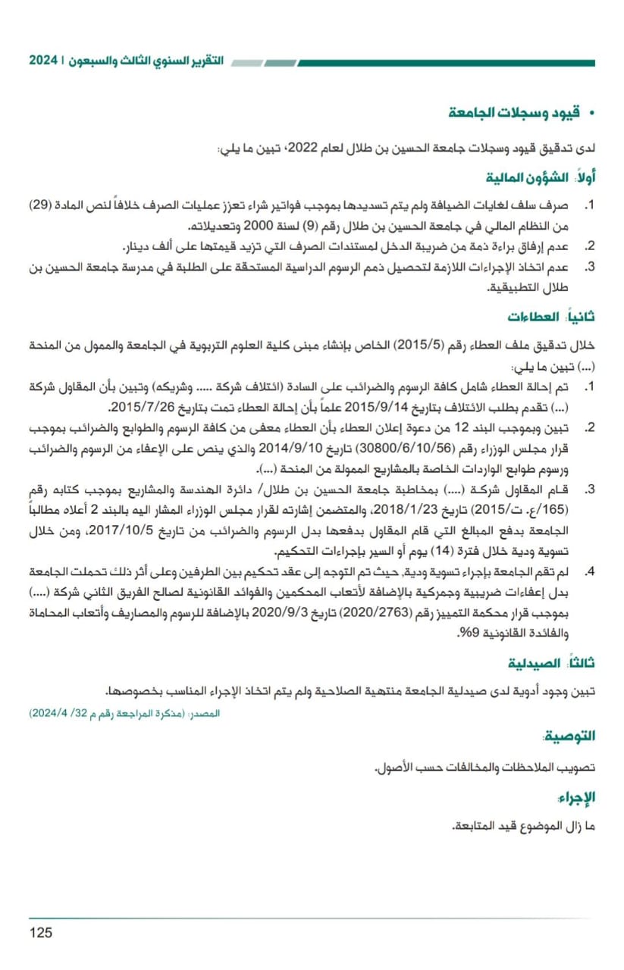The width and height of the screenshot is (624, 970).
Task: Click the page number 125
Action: point(41,932)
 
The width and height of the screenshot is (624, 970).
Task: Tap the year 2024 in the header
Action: point(43,60)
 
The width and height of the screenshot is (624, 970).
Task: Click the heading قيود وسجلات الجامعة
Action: point(513,113)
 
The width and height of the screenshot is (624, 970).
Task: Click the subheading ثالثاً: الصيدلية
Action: point(551,664)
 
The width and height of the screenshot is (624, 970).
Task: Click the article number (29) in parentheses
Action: point(42,206)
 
